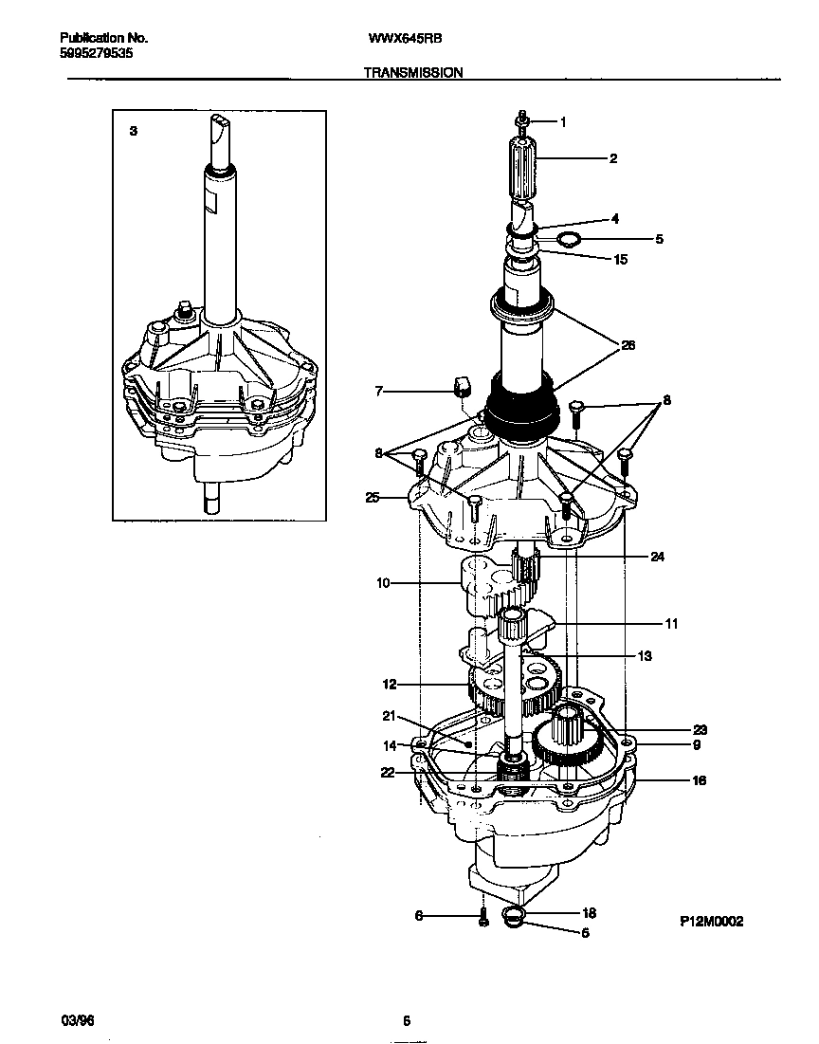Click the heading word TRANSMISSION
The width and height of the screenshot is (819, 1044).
(413, 71)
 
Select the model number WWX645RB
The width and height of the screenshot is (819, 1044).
(405, 39)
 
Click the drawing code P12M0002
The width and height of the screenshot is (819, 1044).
(710, 921)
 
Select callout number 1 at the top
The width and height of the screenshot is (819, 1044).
(562, 121)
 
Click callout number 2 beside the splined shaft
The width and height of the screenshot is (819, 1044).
(613, 158)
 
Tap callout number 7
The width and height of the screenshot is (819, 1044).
(380, 390)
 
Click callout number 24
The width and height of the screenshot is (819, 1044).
(657, 557)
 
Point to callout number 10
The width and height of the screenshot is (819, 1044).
(383, 583)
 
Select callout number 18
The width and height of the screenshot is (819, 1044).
(589, 913)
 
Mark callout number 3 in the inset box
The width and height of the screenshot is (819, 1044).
(133, 131)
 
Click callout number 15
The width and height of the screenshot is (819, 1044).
(621, 259)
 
